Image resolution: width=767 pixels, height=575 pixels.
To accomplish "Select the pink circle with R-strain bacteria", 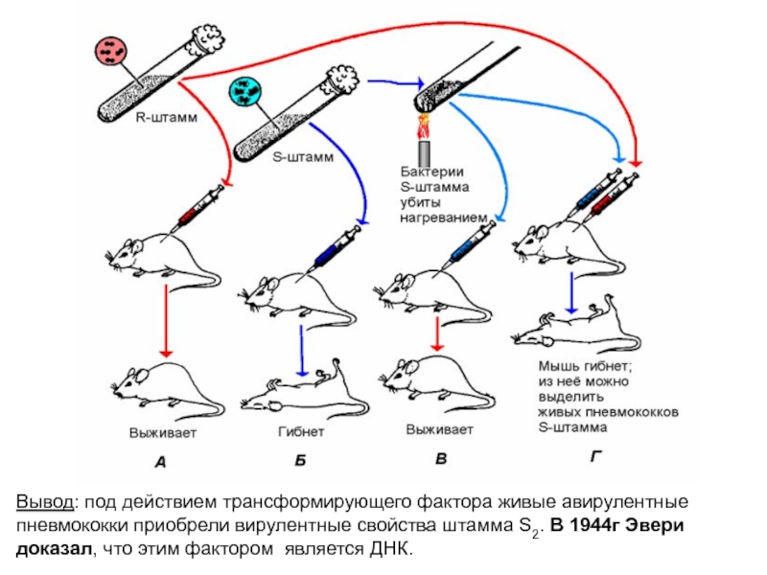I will point(114,54).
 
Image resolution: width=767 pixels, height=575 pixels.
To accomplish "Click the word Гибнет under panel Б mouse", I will point(302,431).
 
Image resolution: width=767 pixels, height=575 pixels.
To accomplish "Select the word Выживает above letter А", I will point(164,431).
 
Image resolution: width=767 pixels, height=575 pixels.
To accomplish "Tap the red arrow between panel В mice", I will point(437,333).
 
